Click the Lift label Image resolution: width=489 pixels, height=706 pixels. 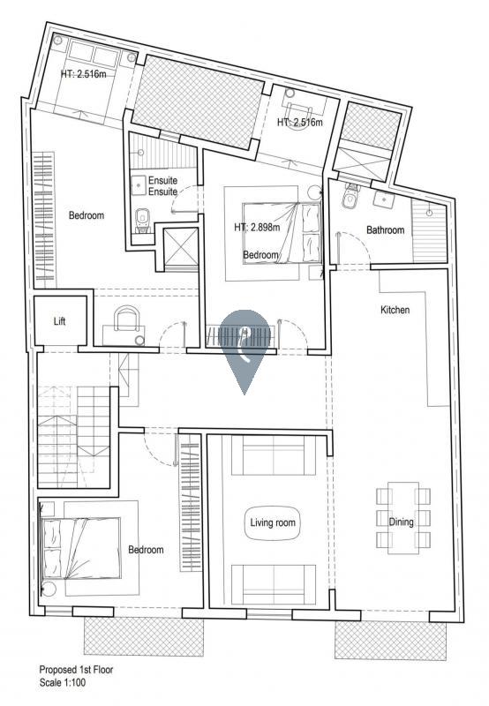tap(59, 321)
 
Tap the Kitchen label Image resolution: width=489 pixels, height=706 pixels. tap(395, 310)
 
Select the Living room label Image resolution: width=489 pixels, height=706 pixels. tap(273, 522)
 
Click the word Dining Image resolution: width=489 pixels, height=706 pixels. tap(401, 522)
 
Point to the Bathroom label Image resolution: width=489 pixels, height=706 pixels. tap(385, 230)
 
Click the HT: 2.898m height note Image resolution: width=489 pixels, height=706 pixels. tap(257, 228)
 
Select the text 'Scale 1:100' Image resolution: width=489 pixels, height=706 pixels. tap(62, 682)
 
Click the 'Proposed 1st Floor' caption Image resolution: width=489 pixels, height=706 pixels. tap(76, 670)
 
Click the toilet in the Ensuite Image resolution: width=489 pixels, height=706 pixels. tap(143, 220)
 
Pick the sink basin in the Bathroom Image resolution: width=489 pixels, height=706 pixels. tap(383, 199)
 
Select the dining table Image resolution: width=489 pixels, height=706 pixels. tap(403, 518)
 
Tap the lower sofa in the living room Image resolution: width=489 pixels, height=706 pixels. tap(273, 584)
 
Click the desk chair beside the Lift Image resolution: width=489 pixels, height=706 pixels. tap(126, 319)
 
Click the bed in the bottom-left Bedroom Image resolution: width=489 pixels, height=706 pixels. tap(81, 548)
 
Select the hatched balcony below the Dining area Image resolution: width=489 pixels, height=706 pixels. tap(390, 642)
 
